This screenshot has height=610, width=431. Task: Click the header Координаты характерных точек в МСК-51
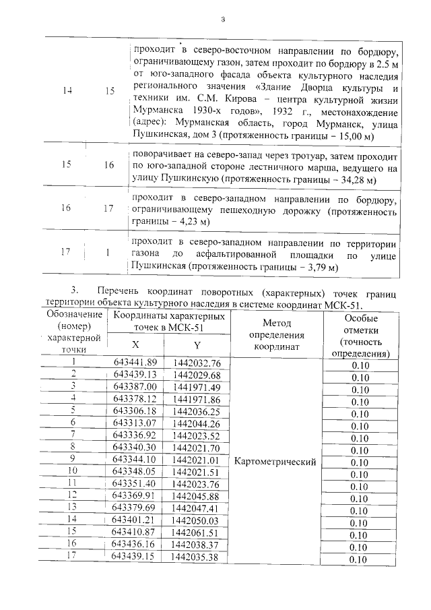tap(169, 322)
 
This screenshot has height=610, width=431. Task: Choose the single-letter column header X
tap(139, 344)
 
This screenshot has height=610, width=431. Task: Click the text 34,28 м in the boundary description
tap(350, 181)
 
